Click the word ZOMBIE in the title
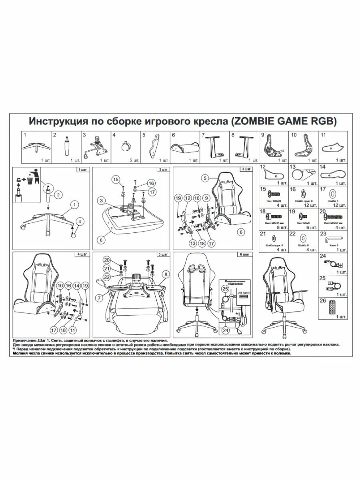pos(258,121)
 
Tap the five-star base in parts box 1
pos(35,146)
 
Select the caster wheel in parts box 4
pos(126,146)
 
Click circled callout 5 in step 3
pos(204,178)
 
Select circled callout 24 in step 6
pos(226,330)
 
